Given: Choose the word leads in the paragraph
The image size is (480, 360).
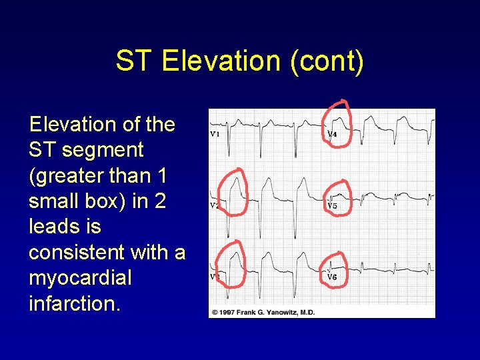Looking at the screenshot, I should [56, 227].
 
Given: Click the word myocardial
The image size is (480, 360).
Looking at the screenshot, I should [80, 278].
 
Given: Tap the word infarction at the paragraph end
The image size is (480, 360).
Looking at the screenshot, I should [74, 303].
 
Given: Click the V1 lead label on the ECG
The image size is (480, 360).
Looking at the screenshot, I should [215, 134].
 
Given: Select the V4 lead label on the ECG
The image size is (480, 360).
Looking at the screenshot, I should [331, 134].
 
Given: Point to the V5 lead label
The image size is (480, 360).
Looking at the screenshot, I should [331, 206].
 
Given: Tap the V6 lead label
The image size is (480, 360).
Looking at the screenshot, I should [331, 277].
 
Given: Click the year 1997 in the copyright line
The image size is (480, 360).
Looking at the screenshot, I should [228, 312].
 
